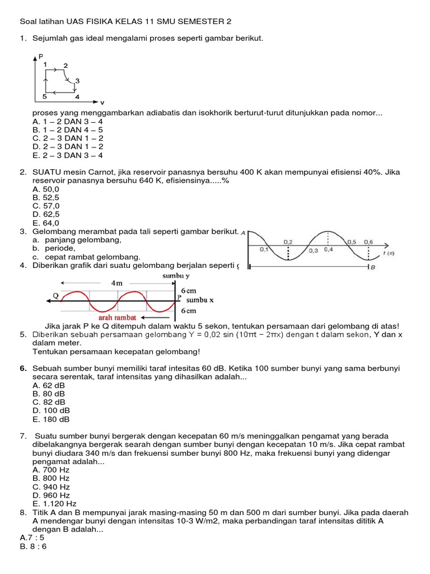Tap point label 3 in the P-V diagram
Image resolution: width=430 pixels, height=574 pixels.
[77, 81]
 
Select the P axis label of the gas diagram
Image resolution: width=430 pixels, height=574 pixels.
[40, 57]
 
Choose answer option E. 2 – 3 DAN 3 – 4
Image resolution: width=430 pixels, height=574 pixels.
[68, 155]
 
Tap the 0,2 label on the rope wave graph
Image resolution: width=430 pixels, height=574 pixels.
[288, 242]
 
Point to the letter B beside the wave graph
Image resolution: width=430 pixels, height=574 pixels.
[371, 268]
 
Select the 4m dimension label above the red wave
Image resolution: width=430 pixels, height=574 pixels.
[117, 283]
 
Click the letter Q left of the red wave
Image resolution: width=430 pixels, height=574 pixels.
[55, 295]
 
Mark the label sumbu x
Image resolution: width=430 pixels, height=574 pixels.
[200, 300]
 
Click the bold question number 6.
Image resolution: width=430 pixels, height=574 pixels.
[23, 368]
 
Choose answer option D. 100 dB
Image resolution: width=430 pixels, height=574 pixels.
[52, 410]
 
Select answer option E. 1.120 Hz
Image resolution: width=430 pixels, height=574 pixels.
[55, 503]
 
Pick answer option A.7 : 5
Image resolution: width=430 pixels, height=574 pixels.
[33, 537]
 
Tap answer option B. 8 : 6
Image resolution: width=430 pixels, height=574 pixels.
[34, 546]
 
